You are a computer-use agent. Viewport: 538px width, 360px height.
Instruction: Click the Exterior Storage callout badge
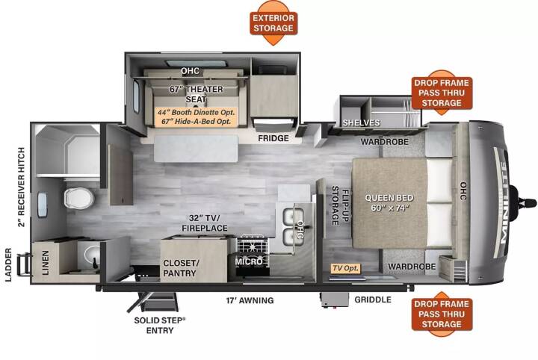[x=273, y=23]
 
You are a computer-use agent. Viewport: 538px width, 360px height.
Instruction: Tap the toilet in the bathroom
[x=79, y=198]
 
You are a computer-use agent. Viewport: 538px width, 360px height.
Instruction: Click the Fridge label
[x=273, y=138]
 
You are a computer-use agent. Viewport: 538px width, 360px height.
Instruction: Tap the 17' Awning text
[x=250, y=300]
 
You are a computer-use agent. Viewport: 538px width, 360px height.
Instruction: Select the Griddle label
[x=373, y=300]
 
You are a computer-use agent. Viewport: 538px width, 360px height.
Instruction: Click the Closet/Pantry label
[x=180, y=268]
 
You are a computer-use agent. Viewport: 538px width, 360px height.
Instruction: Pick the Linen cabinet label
[x=46, y=263]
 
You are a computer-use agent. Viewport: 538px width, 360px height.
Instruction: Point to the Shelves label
[x=362, y=122]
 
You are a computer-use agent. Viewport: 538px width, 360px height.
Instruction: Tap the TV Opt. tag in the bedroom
[x=346, y=268]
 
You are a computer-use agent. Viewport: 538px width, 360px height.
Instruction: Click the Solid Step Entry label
[x=160, y=326]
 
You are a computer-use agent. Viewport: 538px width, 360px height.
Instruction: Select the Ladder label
[x=8, y=264]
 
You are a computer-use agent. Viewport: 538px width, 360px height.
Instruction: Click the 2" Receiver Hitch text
[x=21, y=187]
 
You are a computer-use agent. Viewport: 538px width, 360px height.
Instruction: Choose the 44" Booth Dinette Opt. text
[x=197, y=113]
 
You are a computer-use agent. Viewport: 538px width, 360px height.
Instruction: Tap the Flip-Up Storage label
[x=340, y=205]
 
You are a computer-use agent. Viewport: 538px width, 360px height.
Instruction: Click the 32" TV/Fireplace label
[x=205, y=223]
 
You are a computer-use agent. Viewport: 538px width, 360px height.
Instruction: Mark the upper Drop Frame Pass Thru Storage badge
[x=442, y=93]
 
